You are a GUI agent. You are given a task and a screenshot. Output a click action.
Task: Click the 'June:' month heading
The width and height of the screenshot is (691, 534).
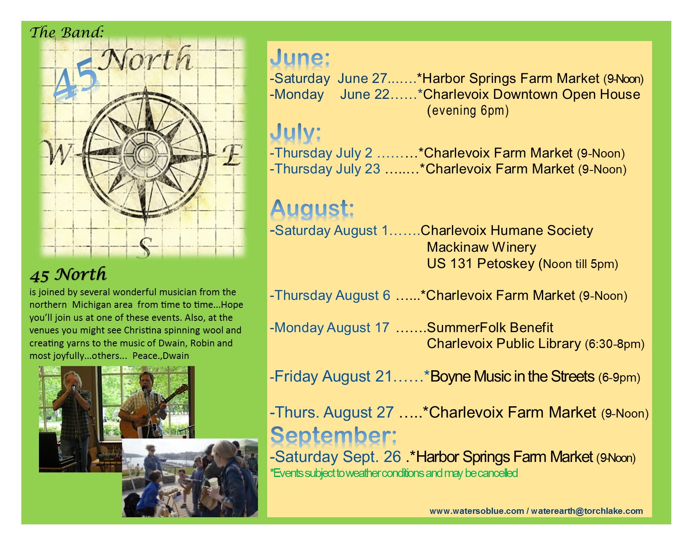click(x=300, y=58)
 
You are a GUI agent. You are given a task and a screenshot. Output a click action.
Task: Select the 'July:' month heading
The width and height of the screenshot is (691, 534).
click(x=295, y=133)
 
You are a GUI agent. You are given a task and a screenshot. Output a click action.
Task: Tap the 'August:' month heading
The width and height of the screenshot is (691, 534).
click(x=312, y=208)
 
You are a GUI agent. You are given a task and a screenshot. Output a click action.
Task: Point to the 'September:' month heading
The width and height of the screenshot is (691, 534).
click(x=334, y=435)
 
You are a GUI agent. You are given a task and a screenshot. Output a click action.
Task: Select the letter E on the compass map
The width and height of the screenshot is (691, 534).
click(x=232, y=155)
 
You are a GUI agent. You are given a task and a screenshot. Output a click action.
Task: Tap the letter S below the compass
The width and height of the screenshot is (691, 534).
click(x=145, y=248)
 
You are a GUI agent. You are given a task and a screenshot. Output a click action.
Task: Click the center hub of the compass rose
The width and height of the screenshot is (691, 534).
click(x=145, y=154)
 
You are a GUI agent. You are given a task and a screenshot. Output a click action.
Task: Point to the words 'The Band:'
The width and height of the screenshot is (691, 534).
click(x=67, y=32)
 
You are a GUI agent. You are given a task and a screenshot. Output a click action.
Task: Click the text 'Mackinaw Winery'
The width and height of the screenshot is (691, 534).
click(x=481, y=247)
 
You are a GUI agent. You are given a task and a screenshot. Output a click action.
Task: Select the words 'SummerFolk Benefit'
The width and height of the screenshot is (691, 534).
click(x=490, y=327)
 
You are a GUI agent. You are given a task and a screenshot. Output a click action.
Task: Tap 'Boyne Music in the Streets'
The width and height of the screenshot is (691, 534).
click(x=512, y=377)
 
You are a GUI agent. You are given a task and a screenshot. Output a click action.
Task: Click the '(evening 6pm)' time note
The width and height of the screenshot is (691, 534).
click(x=467, y=111)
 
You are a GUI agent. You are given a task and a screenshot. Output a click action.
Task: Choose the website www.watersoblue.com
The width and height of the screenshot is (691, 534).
click(x=477, y=511)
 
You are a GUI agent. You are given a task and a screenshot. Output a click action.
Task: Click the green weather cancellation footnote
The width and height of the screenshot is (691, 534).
click(x=394, y=473)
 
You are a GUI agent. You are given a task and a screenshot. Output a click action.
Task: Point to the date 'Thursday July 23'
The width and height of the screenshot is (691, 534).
click(x=327, y=169)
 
